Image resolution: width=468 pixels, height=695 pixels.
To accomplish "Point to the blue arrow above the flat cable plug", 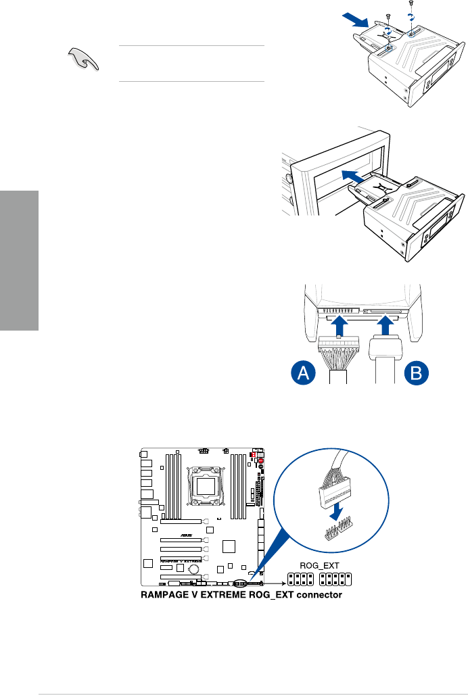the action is pos(383,329).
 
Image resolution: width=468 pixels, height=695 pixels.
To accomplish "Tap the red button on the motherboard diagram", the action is pos(260,465).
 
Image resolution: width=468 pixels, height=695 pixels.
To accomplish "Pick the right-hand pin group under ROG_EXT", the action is pos(333,580).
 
